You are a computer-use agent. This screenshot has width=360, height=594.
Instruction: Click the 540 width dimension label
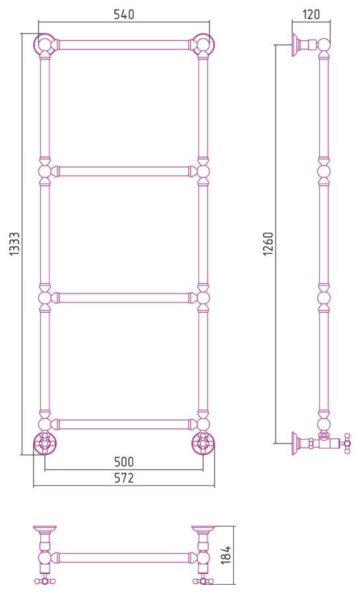[x=124, y=15]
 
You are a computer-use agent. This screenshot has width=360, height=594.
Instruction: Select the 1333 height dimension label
[x=15, y=244]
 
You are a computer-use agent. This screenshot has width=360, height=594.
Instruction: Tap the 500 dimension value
[x=124, y=462]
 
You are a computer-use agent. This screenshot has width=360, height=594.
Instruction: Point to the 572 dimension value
[x=124, y=478]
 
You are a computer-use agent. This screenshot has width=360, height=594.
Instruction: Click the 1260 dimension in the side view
[x=268, y=244]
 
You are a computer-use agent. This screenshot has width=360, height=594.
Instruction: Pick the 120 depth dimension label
[x=311, y=15]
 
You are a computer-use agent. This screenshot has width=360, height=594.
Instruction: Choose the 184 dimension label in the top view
[x=226, y=555]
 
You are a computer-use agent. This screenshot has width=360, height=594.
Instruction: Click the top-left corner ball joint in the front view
[x=45, y=44]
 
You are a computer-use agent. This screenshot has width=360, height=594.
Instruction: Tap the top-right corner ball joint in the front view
[x=203, y=44]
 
